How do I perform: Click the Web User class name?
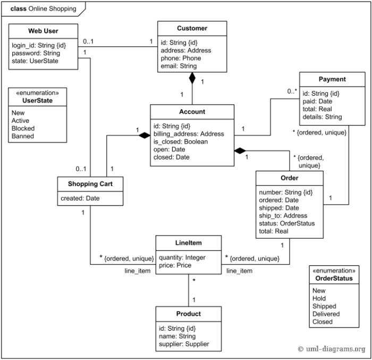point(43,30)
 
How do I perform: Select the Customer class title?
point(192,28)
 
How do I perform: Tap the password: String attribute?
point(36,54)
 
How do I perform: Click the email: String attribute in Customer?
point(178,66)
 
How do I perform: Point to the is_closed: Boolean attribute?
point(181,142)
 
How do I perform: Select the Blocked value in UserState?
point(23,129)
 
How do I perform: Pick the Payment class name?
point(332,79)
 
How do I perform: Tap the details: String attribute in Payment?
point(322,116)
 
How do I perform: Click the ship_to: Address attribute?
point(283,216)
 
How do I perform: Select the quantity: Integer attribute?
point(182,257)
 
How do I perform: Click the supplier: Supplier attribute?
point(184,344)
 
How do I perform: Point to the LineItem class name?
point(188,243)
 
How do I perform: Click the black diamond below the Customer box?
point(192,79)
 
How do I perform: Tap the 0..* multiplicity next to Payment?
point(292,92)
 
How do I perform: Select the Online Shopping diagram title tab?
point(43,9)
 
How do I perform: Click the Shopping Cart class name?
point(90,184)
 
